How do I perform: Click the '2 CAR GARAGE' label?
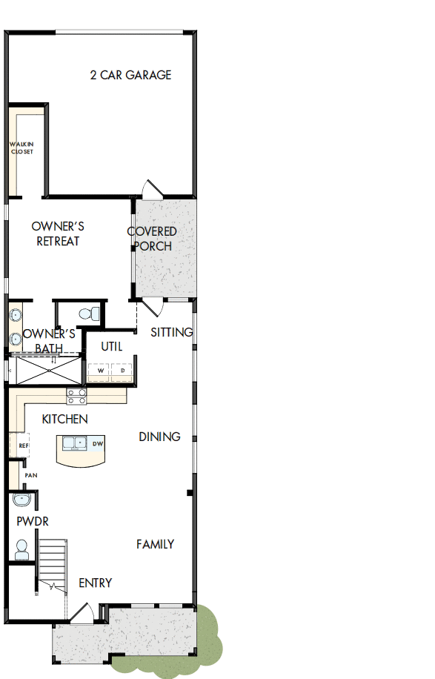[x=130, y=75]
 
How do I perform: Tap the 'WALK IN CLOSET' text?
[x=21, y=148]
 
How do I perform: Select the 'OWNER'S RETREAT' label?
[x=58, y=233]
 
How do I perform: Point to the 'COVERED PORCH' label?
[x=152, y=239]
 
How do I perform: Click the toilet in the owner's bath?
[x=91, y=314]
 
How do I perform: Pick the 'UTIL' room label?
[x=112, y=346]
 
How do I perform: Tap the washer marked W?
[x=100, y=370]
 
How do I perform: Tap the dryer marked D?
[x=122, y=370]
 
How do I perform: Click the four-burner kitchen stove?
[x=76, y=397]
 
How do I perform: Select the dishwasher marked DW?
[x=97, y=444]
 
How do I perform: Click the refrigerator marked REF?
[x=23, y=446]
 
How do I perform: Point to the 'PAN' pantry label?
[x=30, y=474]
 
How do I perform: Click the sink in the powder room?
[x=21, y=499]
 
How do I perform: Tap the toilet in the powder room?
[x=21, y=550]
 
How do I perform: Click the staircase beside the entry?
[x=53, y=563]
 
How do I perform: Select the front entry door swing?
[x=82, y=612]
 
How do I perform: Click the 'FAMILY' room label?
[x=155, y=544]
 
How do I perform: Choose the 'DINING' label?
[x=159, y=437]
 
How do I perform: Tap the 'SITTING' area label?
[x=171, y=332]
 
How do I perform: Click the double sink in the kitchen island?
[x=74, y=444]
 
